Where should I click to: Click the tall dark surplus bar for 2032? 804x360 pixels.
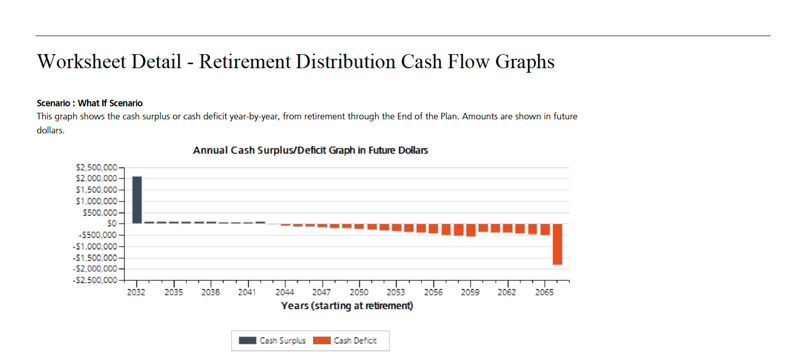pyautogui.click(x=137, y=200)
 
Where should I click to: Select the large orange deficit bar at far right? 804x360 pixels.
pyautogui.click(x=557, y=244)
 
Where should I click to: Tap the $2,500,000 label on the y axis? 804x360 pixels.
pyautogui.click(x=96, y=167)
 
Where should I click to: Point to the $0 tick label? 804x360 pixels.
pyautogui.click(x=112, y=224)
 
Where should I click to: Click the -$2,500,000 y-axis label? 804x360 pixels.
pyautogui.click(x=95, y=280)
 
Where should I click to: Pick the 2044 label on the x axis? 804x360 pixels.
pyautogui.click(x=285, y=292)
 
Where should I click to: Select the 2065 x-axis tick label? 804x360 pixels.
pyautogui.click(x=544, y=292)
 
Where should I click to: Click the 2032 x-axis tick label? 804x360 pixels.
pyautogui.click(x=136, y=292)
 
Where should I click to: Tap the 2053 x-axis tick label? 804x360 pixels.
pyautogui.click(x=396, y=292)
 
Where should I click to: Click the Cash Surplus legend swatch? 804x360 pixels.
pyautogui.click(x=248, y=340)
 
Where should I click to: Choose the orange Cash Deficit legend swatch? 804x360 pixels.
pyautogui.click(x=322, y=340)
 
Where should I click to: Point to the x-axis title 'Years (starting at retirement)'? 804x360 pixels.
pyautogui.click(x=347, y=306)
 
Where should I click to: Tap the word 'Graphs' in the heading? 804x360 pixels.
pyautogui.click(x=525, y=62)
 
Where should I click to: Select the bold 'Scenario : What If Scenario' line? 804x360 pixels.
pyautogui.click(x=90, y=103)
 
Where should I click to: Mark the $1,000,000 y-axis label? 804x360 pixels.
pyautogui.click(x=96, y=201)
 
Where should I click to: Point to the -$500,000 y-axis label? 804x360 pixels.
pyautogui.click(x=98, y=235)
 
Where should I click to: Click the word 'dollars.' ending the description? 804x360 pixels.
pyautogui.click(x=51, y=130)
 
